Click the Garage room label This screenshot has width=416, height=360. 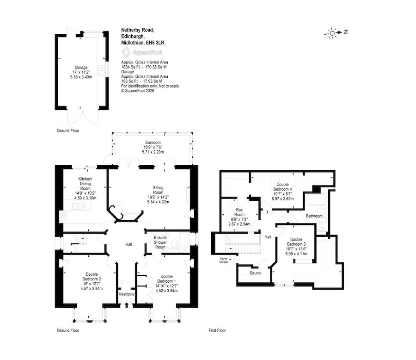(x=81, y=68)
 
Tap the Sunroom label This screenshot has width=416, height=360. (x=153, y=143)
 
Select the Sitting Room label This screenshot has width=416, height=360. (x=158, y=190)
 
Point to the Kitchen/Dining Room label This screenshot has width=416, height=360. (x=85, y=184)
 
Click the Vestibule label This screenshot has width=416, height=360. (x=126, y=294)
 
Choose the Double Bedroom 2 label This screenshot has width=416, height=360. (x=92, y=277)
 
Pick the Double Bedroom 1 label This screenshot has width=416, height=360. (x=166, y=279)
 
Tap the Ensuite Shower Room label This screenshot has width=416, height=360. (x=160, y=242)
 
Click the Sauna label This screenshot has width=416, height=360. (x=255, y=273)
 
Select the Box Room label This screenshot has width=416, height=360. (x=239, y=212)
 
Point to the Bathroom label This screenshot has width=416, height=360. (x=314, y=216)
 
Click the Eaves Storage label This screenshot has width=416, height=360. (x=223, y=260)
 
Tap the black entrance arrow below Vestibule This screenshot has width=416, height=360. (x=126, y=305)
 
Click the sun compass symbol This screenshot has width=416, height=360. (x=332, y=33)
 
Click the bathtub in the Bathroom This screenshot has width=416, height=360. (x=314, y=200)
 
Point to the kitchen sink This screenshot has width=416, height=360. (x=79, y=206)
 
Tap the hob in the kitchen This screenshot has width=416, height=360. (x=63, y=216)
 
